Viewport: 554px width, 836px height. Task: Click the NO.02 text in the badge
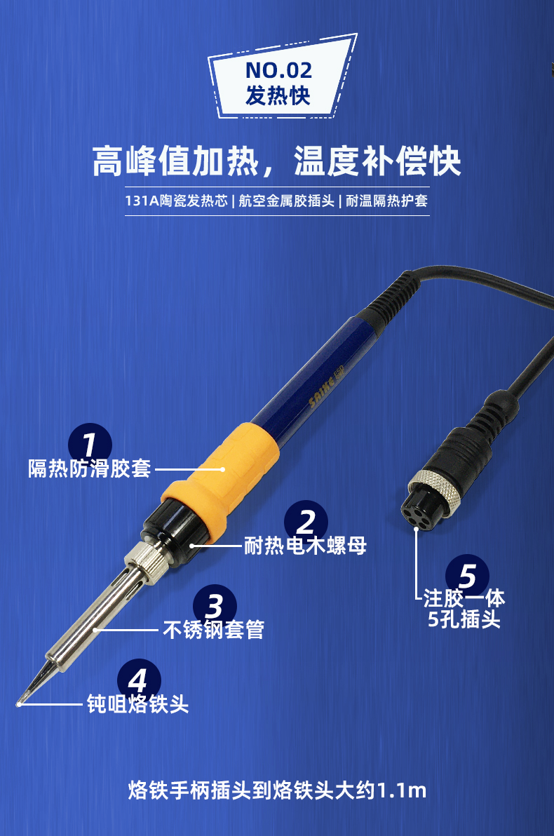[x=278, y=70]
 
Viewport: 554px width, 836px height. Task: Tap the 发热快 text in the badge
[x=278, y=96]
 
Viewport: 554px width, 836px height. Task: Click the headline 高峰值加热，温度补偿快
[x=277, y=161]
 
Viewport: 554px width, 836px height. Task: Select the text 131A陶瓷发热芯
[x=177, y=201]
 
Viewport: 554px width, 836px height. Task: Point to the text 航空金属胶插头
[x=286, y=201]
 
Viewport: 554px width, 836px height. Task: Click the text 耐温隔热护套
[x=386, y=201]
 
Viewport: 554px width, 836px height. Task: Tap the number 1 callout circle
[x=90, y=443]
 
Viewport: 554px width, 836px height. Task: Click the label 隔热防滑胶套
[x=90, y=468]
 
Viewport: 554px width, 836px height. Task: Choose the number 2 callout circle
[x=306, y=520]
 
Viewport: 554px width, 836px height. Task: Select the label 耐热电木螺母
[x=306, y=546]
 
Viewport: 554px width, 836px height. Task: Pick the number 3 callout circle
[x=215, y=605]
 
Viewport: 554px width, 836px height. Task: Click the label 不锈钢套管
[x=214, y=630]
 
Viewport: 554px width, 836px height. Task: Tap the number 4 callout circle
[x=139, y=680]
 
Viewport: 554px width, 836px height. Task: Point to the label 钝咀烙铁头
[x=137, y=704]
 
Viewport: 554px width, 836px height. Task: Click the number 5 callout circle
[x=467, y=575]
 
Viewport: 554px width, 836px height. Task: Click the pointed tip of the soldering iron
[x=18, y=704]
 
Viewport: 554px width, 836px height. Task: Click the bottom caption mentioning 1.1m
[x=277, y=790]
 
